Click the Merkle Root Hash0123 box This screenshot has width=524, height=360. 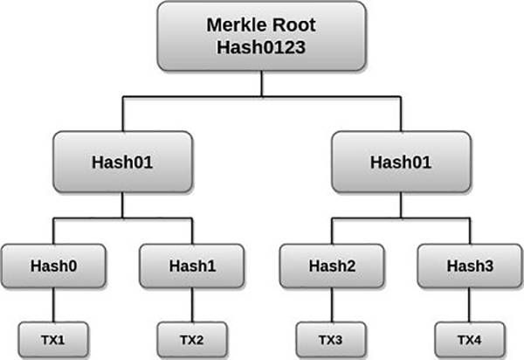pyautogui.click(x=262, y=36)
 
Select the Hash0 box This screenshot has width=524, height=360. pyautogui.click(x=53, y=267)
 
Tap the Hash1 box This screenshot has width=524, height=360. pyautogui.click(x=192, y=267)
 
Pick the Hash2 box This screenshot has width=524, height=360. pyautogui.click(x=332, y=267)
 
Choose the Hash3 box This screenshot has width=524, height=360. pyautogui.click(x=470, y=267)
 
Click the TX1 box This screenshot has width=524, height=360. pyautogui.click(x=53, y=340)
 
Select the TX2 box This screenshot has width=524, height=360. pyautogui.click(x=192, y=340)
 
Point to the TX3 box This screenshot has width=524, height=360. pyautogui.click(x=331, y=340)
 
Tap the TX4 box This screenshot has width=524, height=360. pyautogui.click(x=470, y=340)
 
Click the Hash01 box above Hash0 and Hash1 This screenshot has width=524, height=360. pyautogui.click(x=122, y=163)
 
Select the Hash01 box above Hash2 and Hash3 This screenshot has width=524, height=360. pyautogui.click(x=402, y=163)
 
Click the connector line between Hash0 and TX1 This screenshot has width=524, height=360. pyautogui.click(x=53, y=305)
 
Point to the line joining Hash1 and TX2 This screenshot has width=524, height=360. pyautogui.click(x=192, y=305)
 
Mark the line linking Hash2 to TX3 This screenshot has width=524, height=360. pyautogui.click(x=332, y=305)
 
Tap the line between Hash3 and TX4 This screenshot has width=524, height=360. pyautogui.click(x=470, y=305)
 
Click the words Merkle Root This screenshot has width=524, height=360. pyautogui.click(x=261, y=25)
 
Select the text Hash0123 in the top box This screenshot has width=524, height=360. pyautogui.click(x=261, y=47)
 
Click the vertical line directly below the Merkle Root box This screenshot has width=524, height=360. pyautogui.click(x=262, y=84)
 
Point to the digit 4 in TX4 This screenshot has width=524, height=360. pyautogui.click(x=477, y=340)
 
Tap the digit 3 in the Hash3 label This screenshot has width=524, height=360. pyautogui.click(x=488, y=267)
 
